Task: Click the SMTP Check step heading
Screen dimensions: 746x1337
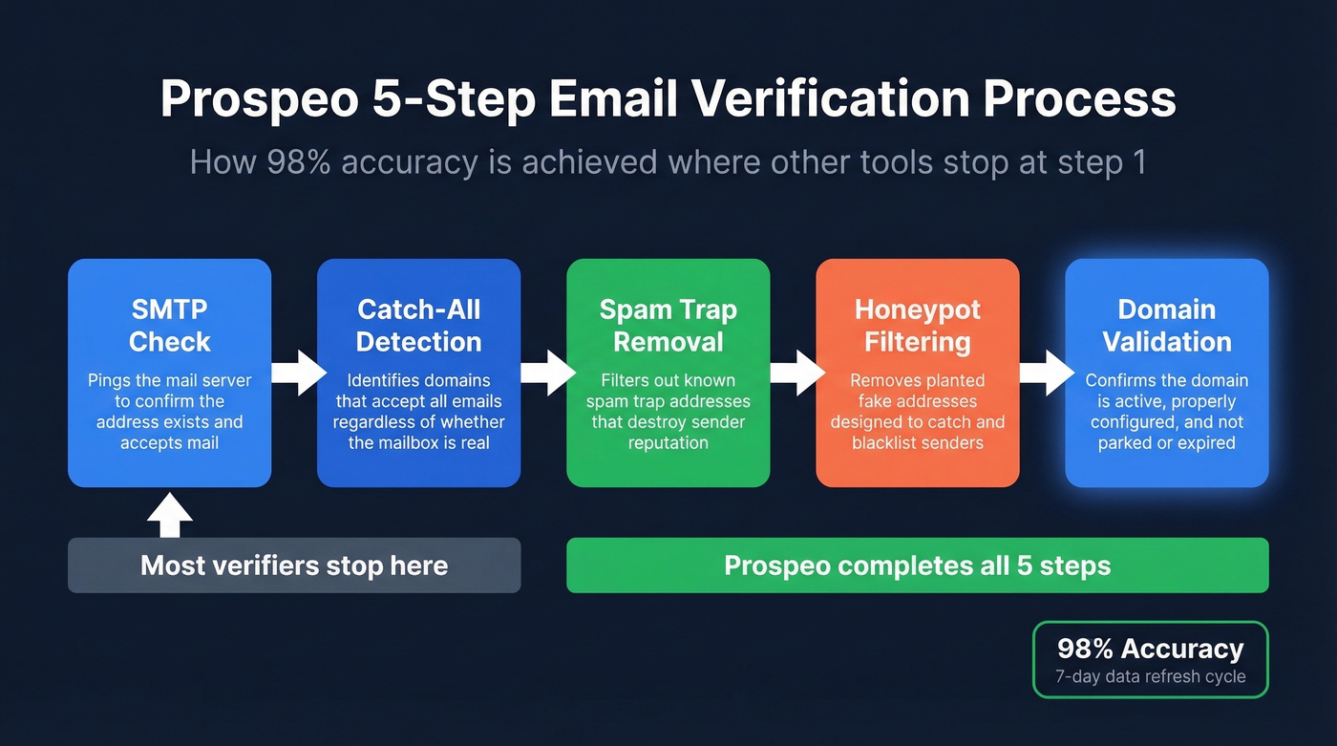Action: [169, 326]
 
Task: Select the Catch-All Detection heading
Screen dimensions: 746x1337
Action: [418, 326]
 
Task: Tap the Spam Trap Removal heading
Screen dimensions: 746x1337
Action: [668, 326]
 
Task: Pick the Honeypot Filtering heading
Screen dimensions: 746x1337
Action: [917, 326]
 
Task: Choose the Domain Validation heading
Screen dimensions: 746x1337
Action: [1166, 326]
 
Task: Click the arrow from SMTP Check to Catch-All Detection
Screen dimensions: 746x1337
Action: [297, 373]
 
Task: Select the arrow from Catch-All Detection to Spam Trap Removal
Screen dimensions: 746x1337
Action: [546, 373]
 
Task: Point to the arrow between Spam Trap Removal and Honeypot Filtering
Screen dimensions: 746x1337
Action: [796, 373]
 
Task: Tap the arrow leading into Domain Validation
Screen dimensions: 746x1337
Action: [1045, 373]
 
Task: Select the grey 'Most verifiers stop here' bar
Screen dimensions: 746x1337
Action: [294, 565]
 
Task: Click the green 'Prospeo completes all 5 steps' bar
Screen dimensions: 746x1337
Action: [917, 565]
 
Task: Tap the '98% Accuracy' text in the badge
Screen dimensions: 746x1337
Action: [1150, 650]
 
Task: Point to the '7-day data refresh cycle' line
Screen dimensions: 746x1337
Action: [1150, 676]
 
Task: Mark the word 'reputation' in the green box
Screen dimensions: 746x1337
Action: [668, 442]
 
